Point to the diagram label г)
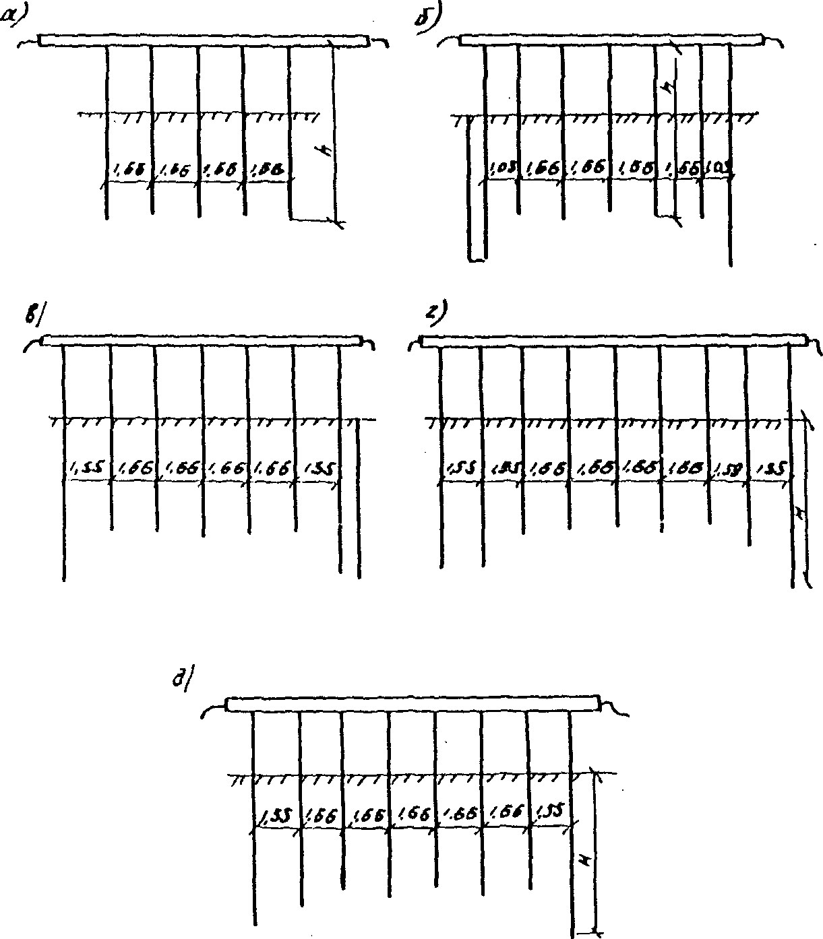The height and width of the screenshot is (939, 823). (437, 314)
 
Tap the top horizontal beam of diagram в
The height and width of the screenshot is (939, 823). (202, 340)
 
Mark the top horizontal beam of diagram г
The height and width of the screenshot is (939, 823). (613, 341)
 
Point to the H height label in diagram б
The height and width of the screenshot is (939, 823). (669, 88)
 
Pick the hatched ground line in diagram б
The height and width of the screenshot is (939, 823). (603, 118)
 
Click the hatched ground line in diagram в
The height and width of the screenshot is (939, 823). (209, 421)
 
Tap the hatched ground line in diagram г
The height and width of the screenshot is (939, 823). (617, 422)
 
